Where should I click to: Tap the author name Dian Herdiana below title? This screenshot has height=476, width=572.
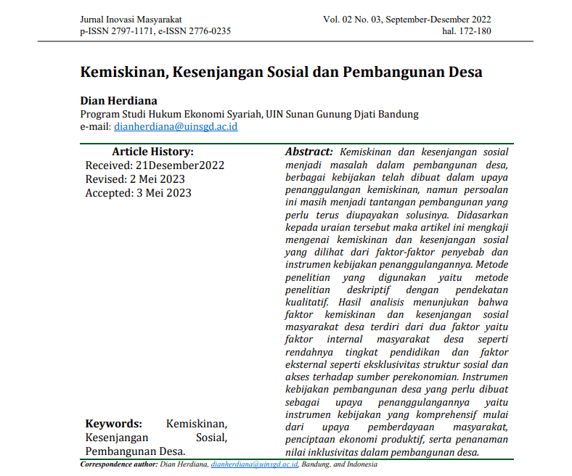[118, 100]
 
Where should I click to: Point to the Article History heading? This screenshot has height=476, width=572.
[152, 152]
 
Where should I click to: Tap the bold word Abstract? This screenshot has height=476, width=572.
[309, 152]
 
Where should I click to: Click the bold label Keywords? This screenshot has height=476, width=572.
[114, 424]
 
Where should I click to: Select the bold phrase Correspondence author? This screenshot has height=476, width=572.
[118, 464]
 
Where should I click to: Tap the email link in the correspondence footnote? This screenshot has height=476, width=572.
[254, 464]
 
